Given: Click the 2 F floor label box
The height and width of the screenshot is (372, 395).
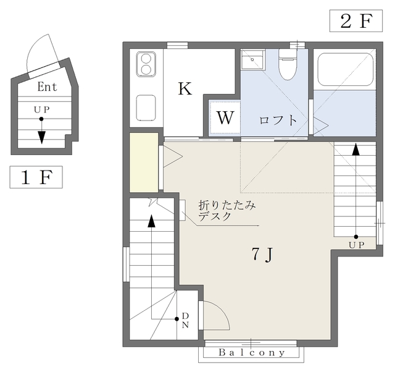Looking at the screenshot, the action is point(356,21).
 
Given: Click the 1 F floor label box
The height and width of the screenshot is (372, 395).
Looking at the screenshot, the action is point(36,177).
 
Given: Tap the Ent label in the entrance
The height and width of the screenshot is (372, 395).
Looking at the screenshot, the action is point(47,87).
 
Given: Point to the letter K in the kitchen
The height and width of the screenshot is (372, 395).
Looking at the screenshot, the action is point(185,88).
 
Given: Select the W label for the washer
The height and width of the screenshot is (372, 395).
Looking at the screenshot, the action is point(225,117).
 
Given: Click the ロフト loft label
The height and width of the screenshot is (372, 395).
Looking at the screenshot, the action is point(278,120).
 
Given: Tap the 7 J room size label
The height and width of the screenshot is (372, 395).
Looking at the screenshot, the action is point(262,254).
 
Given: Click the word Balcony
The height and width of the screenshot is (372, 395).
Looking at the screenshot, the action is point(252,352).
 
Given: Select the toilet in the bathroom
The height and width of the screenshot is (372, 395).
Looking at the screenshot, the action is point(288,64).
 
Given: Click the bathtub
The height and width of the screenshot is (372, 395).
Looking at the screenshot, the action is point(346,70).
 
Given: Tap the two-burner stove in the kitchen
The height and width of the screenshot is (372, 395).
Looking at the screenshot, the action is point(146,64).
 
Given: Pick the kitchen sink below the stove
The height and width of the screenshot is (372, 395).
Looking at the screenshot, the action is point(146,108).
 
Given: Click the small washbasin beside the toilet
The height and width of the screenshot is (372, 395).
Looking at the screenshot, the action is point(252,59).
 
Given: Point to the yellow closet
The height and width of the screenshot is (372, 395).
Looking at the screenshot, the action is point(144,163).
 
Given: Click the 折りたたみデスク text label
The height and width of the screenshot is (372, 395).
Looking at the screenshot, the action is point(227,211).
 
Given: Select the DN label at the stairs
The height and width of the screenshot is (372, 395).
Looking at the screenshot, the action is point(185,320).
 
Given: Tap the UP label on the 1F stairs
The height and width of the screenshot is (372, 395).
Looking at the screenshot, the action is point(41,110).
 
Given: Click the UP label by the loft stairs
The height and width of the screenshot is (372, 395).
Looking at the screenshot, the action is point(357,245).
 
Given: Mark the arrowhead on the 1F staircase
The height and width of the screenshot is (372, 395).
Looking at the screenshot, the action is point(41,137).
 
